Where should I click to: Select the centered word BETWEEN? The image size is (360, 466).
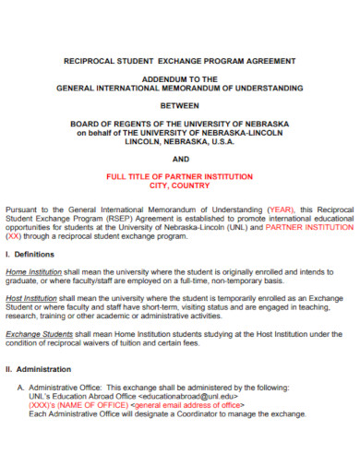pyautogui.click(x=180, y=104)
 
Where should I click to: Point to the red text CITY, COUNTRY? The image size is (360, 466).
pyautogui.click(x=180, y=184)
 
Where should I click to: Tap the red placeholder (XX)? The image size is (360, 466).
pyautogui.click(x=16, y=235)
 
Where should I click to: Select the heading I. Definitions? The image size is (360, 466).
pyautogui.click(x=30, y=254)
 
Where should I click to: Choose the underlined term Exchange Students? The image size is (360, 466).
pyautogui.click(x=39, y=334)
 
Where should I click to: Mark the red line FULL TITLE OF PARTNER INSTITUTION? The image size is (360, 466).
pyautogui.click(x=180, y=175)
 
